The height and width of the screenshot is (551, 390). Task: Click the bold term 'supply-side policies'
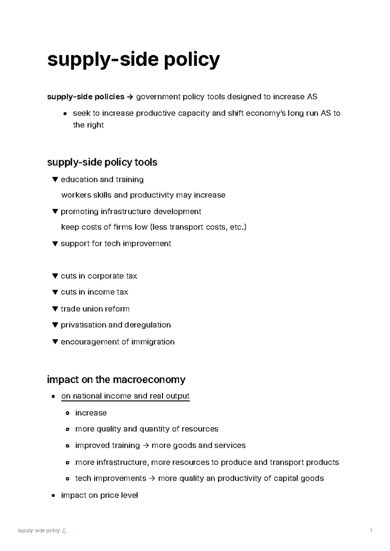coord(85,97)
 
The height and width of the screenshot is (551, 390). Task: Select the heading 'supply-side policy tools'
coord(102,162)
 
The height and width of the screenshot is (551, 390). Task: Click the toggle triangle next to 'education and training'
coord(55,179)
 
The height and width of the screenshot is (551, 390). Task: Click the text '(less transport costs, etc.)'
coord(198,227)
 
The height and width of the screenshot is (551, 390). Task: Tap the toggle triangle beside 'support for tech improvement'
coord(55,244)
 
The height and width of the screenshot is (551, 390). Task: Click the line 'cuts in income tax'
coord(94,292)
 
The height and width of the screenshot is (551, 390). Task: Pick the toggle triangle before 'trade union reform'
coord(55,309)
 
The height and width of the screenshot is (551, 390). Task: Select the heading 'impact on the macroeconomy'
coord(116,380)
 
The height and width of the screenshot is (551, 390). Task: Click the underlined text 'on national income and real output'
coord(125,396)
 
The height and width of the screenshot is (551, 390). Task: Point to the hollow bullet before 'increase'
coord(68,413)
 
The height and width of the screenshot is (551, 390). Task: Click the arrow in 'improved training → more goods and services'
coord(145,446)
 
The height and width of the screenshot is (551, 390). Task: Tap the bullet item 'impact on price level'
coord(99,495)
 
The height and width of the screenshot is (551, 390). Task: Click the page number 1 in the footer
coord(371,531)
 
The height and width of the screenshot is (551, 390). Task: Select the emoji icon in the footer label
coord(64,531)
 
